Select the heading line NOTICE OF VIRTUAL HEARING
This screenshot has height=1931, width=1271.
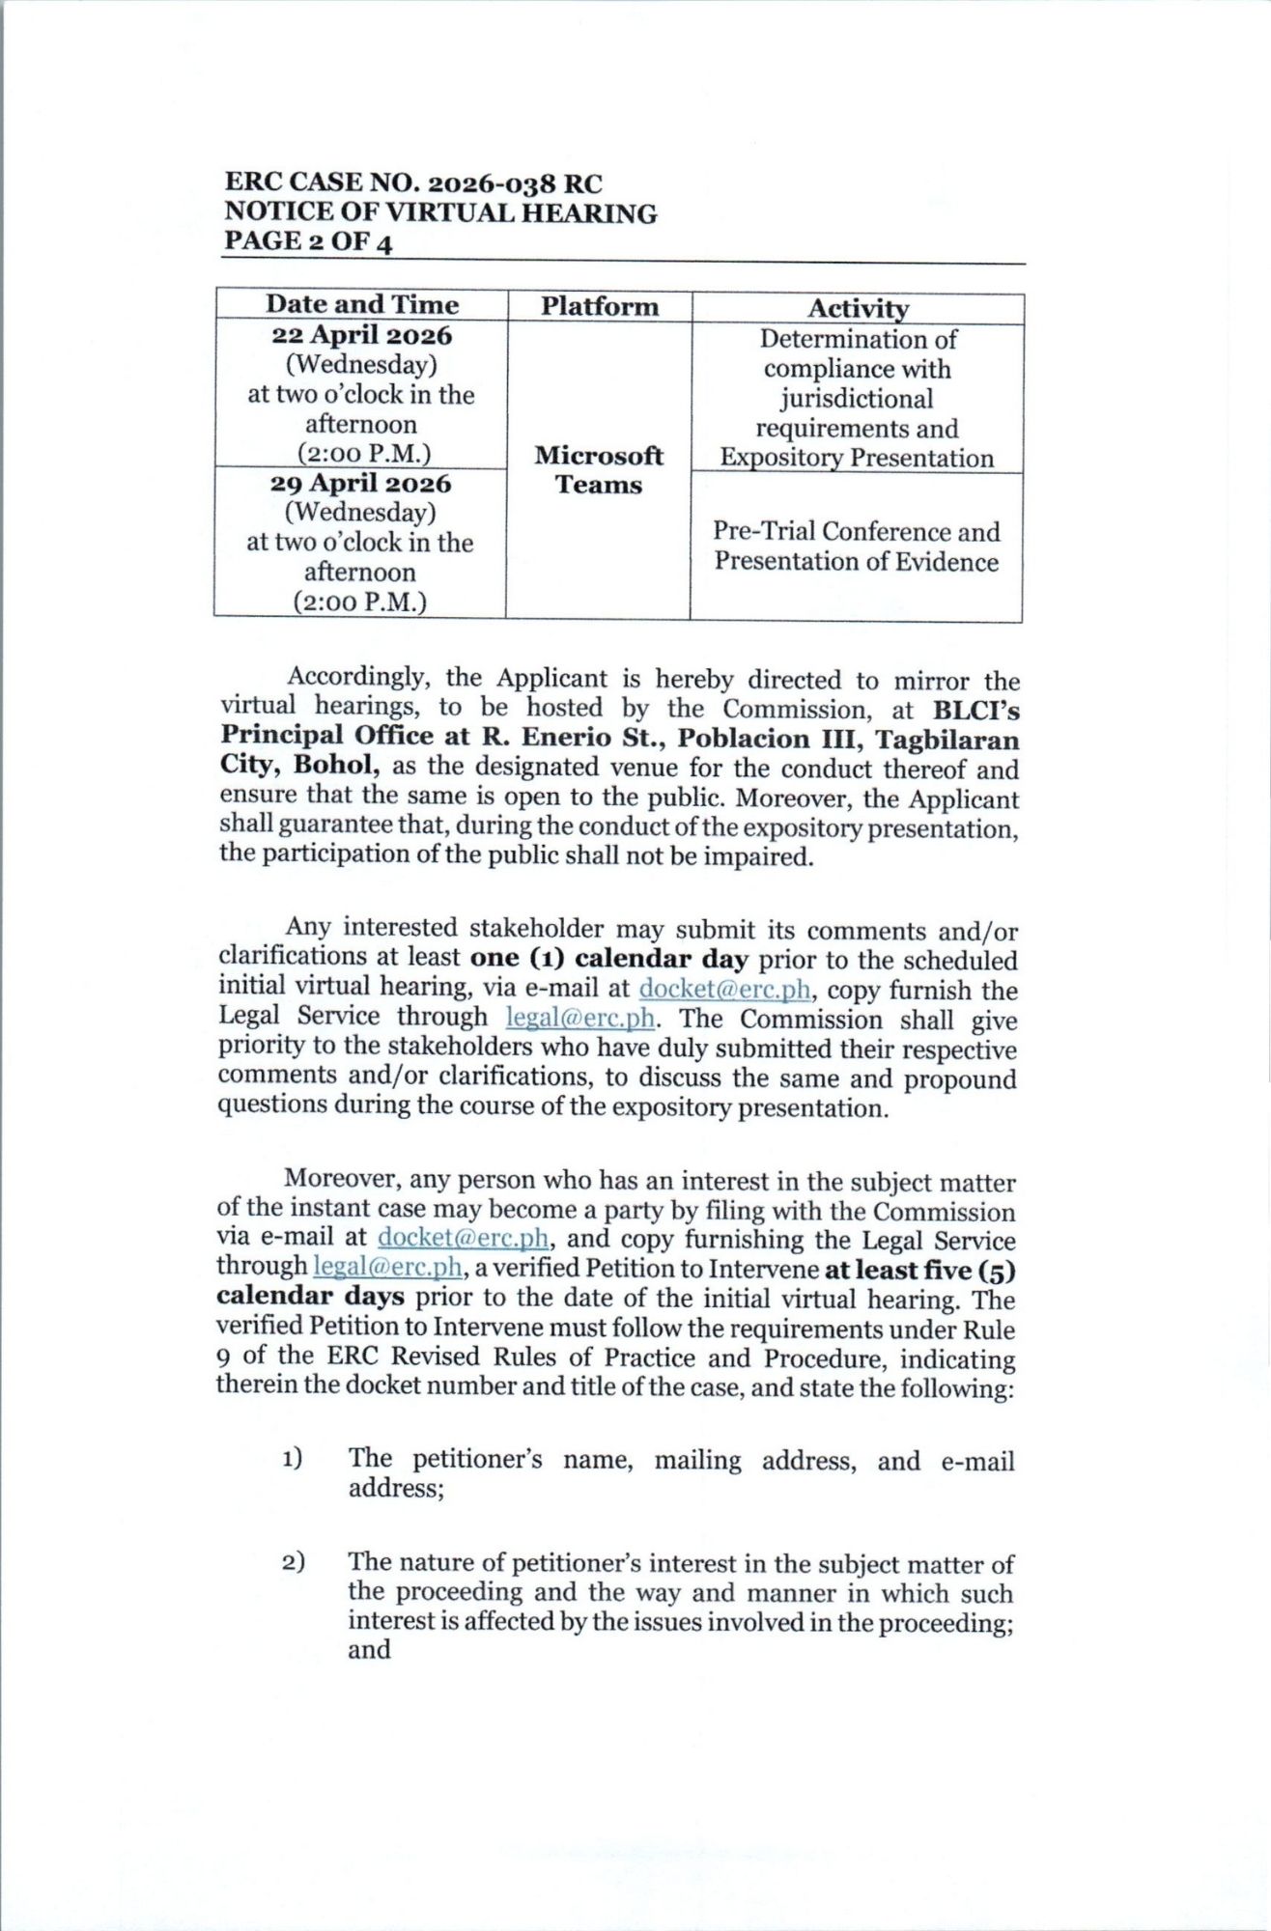(x=440, y=212)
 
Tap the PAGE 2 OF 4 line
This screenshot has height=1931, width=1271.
(x=308, y=241)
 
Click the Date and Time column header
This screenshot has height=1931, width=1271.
(x=362, y=304)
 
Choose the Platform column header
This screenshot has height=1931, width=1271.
(x=599, y=307)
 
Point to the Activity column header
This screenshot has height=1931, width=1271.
(x=858, y=309)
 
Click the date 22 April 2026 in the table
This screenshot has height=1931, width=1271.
(x=361, y=336)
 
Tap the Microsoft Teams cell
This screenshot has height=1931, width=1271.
(x=599, y=470)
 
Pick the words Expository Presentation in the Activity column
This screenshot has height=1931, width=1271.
(x=857, y=458)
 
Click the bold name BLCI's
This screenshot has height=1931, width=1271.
(x=975, y=711)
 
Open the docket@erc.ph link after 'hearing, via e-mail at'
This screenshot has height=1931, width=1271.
(x=724, y=990)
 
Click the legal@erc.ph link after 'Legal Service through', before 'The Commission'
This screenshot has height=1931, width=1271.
(x=580, y=1019)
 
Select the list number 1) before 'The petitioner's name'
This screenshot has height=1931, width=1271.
(x=292, y=1459)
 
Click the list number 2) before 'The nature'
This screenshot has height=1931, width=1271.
(x=293, y=1562)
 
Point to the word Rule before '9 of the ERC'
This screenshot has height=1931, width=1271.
(x=988, y=1329)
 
